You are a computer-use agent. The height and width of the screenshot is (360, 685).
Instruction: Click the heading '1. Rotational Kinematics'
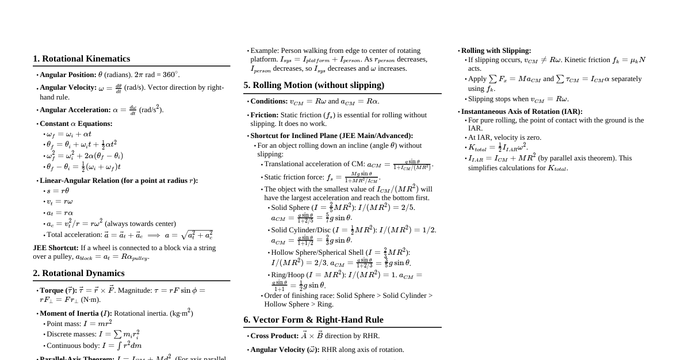pyautogui.click(x=81, y=59)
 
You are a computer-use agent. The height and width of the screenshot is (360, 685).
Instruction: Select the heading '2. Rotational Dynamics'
pyautogui.click(x=78, y=273)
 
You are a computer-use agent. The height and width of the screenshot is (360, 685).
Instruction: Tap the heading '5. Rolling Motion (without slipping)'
pyautogui.click(x=313, y=85)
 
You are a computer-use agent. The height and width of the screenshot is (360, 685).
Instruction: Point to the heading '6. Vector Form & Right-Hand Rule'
pyautogui.click(x=313, y=320)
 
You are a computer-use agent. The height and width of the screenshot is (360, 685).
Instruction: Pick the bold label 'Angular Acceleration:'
pyautogui.click(x=75, y=110)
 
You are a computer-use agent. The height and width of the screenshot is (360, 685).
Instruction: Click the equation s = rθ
pyautogui.click(x=58, y=191)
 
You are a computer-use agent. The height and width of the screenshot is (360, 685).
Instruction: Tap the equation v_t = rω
pyautogui.click(x=59, y=201)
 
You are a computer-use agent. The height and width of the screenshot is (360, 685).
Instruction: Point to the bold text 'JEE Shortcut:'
pyautogui.click(x=56, y=248)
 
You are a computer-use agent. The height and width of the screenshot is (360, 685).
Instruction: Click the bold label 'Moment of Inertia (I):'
pyautogui.click(x=76, y=313)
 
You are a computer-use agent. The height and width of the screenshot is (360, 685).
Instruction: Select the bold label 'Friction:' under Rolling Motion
pyautogui.click(x=265, y=115)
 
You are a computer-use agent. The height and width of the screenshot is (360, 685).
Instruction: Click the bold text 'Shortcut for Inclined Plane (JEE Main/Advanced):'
pyautogui.click(x=332, y=136)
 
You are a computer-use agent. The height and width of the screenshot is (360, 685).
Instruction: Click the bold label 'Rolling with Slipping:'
pyautogui.click(x=496, y=51)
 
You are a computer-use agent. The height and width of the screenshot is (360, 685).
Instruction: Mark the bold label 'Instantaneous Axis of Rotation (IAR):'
pyautogui.click(x=522, y=112)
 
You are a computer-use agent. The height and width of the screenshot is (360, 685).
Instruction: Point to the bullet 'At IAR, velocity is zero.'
pyautogui.click(x=504, y=137)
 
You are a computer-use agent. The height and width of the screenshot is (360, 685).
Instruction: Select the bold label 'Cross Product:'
pyautogui.click(x=274, y=336)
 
